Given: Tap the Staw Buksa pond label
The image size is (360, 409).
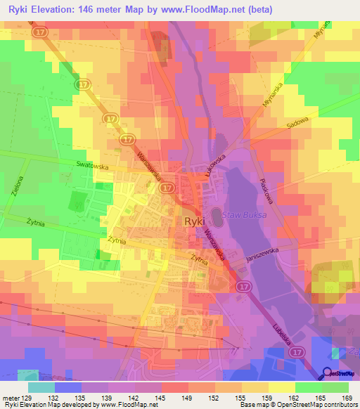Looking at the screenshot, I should [x=244, y=215].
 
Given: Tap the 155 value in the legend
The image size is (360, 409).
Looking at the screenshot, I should [x=240, y=397].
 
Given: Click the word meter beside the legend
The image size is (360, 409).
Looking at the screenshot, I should [x=11, y=397].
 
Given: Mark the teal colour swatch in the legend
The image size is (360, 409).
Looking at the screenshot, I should [x=41, y=387].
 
